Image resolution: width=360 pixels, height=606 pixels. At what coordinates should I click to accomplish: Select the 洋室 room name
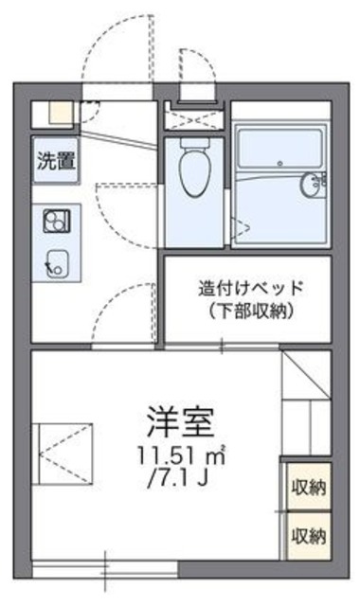[x=182, y=418]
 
